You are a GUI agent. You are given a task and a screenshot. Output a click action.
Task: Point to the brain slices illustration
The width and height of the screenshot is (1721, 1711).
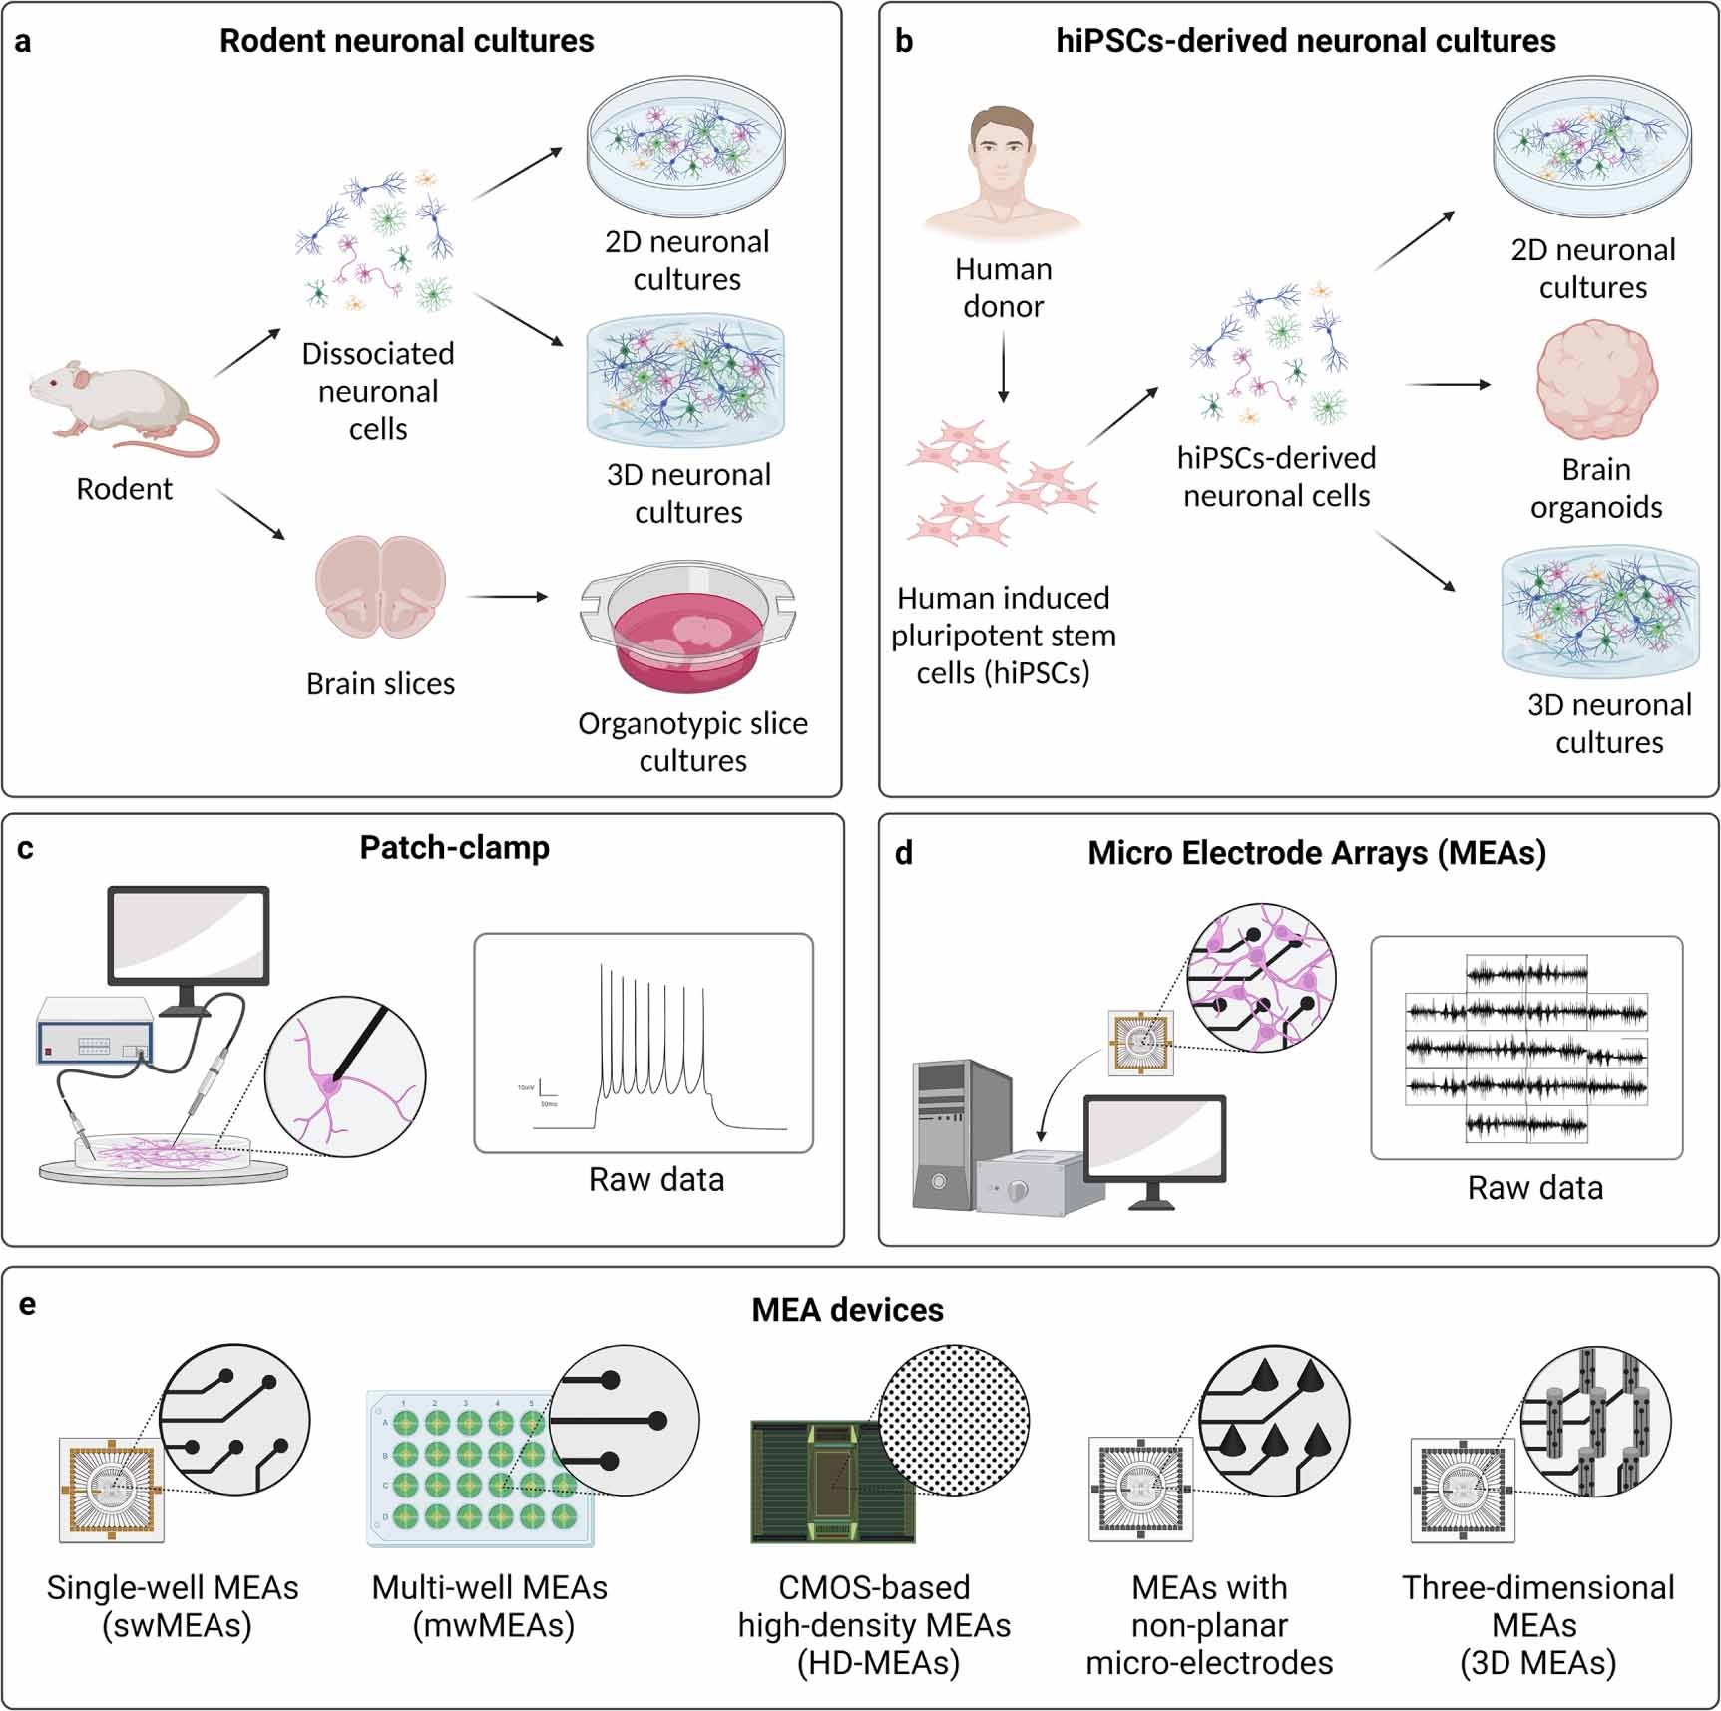point(380,589)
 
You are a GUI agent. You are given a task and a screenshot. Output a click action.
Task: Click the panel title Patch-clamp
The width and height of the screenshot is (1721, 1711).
point(454,848)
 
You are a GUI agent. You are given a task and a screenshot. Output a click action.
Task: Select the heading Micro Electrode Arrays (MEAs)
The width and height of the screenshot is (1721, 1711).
point(1316,854)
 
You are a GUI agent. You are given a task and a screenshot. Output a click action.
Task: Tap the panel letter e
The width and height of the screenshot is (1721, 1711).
point(27,1304)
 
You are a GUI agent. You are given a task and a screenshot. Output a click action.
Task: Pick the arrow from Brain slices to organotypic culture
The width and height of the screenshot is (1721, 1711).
point(508,597)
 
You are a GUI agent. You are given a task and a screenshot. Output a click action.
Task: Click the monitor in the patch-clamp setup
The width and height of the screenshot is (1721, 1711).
point(189,938)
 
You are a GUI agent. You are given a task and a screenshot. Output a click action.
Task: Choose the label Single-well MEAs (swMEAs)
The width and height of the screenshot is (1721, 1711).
point(173,1606)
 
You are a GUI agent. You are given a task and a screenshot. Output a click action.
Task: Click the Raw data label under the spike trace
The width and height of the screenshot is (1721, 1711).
point(655,1180)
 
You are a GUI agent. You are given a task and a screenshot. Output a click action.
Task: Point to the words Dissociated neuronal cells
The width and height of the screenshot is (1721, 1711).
point(378,391)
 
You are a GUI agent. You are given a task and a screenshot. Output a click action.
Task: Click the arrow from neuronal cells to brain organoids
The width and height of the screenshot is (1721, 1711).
point(1447,384)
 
